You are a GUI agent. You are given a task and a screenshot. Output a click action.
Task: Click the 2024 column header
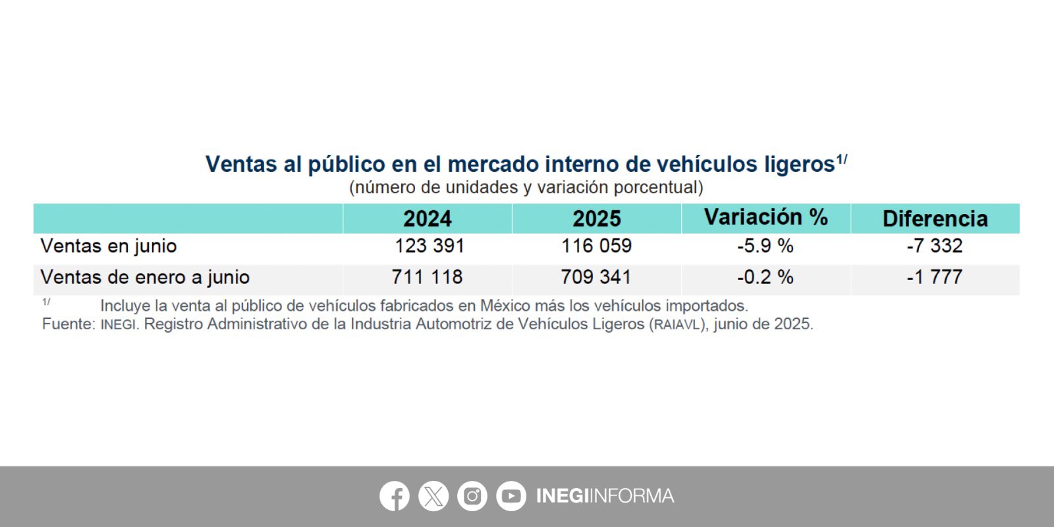pyautogui.click(x=428, y=219)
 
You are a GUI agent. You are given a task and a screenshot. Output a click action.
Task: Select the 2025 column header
pyautogui.click(x=597, y=219)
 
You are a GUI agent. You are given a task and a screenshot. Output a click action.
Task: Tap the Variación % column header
pyautogui.click(x=765, y=217)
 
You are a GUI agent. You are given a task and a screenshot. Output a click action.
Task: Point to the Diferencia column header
pyautogui.click(x=935, y=219)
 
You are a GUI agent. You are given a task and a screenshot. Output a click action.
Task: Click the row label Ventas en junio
pyautogui.click(x=109, y=246)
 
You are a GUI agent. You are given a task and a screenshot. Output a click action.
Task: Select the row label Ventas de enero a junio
pyautogui.click(x=145, y=277)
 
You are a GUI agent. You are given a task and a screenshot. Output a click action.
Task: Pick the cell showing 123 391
pyautogui.click(x=430, y=246)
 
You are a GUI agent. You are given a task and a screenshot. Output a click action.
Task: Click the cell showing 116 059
pyautogui.click(x=597, y=246)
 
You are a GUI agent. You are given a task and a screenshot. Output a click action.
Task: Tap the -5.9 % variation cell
pyautogui.click(x=765, y=246)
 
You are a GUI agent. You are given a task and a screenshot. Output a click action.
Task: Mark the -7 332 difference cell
pyautogui.click(x=935, y=246)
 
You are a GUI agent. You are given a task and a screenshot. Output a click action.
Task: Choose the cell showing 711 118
pyautogui.click(x=428, y=277)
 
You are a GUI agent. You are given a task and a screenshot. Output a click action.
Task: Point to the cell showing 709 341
pyautogui.click(x=596, y=277)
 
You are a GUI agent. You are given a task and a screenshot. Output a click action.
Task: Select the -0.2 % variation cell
pyautogui.click(x=765, y=277)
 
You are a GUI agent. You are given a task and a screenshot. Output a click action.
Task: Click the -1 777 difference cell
pyautogui.click(x=935, y=277)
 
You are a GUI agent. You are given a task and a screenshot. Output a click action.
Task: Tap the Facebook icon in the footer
pyautogui.click(x=395, y=496)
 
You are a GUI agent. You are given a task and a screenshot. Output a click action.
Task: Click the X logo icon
pyautogui.click(x=433, y=496)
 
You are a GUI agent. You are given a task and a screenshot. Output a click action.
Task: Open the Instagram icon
pyautogui.click(x=472, y=496)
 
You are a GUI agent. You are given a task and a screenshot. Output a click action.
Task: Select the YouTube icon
pyautogui.click(x=511, y=496)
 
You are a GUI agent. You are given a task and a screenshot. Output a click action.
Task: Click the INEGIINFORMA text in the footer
pyautogui.click(x=605, y=496)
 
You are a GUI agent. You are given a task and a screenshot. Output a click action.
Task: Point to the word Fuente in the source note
pyautogui.click(x=68, y=324)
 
